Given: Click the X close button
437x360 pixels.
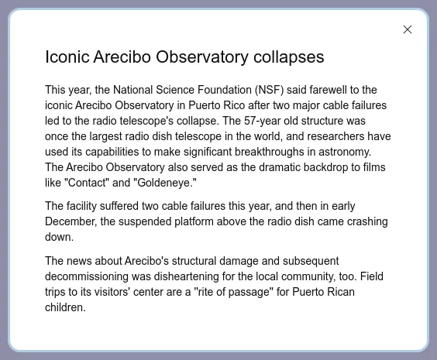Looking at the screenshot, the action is coord(408,29).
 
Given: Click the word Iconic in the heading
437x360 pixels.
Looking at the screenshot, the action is coord(67,57).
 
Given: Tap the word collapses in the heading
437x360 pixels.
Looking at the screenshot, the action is coord(289,57).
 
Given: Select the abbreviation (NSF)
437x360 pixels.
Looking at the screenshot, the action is coord(269,90).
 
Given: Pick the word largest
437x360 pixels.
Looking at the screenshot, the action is coord(105,137).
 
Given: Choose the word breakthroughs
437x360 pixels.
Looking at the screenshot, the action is coord(269,152).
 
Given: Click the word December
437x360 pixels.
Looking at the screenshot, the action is coord(71,222).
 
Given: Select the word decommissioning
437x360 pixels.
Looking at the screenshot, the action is coord(87,276).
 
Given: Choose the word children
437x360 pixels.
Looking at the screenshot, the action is coord(65,307).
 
